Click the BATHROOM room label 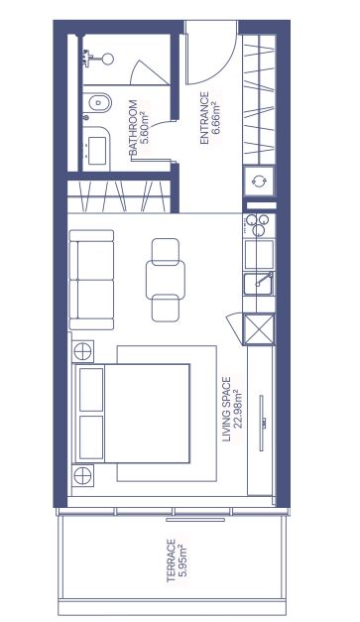click(x=133, y=128)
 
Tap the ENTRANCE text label click(x=204, y=118)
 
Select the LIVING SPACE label click(x=226, y=409)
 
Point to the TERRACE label click(x=171, y=560)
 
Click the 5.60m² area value click(x=145, y=128)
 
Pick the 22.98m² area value click(x=238, y=410)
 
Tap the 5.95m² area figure click(x=182, y=560)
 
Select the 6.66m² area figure click(x=216, y=118)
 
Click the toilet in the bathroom click(x=97, y=103)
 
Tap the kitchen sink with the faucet click(x=259, y=284)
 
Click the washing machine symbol click(x=259, y=181)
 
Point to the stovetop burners click(x=259, y=225)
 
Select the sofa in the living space click(x=91, y=280)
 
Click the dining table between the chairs click(x=166, y=280)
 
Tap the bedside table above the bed click(x=83, y=351)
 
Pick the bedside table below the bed click(x=83, y=474)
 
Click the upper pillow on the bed click(x=91, y=389)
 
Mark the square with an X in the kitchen click(x=259, y=329)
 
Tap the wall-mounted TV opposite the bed click(x=262, y=423)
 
